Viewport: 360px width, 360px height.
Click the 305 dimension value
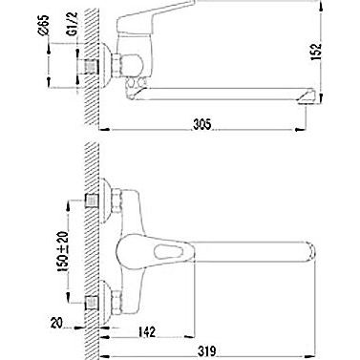pyautogui.click(x=201, y=124)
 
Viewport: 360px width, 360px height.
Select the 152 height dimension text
pyautogui.click(x=317, y=52)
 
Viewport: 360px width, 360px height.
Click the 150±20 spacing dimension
pyautogui.click(x=64, y=251)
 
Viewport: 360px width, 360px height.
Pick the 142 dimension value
pyautogui.click(x=147, y=331)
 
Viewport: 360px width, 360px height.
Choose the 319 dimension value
pyautogui.click(x=207, y=351)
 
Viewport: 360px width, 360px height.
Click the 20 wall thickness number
pyautogui.click(x=56, y=324)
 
